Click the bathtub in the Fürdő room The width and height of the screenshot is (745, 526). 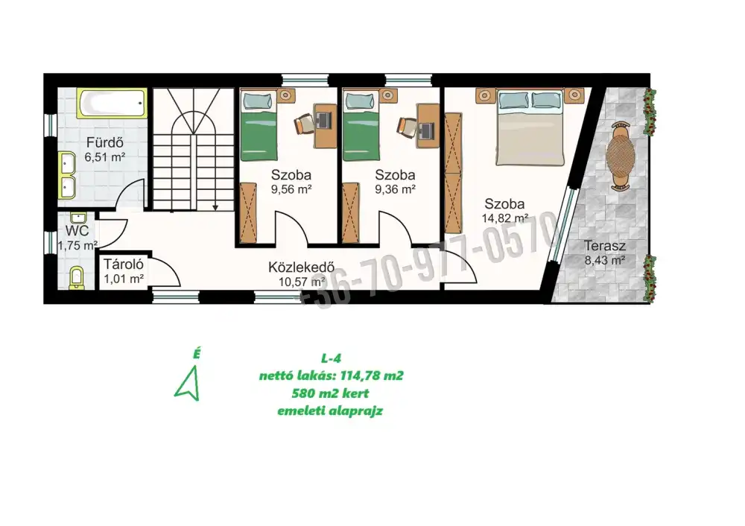(x=112, y=103)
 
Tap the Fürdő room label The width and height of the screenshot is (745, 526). (x=105, y=142)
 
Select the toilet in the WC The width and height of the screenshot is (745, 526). (x=77, y=278)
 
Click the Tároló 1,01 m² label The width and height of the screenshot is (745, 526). (x=124, y=271)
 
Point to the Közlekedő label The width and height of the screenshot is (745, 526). (x=301, y=267)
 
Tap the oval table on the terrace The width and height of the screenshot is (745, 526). (x=621, y=156)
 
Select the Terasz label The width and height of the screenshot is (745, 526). (x=604, y=246)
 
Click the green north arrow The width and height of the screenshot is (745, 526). (x=188, y=384)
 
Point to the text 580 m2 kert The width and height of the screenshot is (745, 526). (x=330, y=393)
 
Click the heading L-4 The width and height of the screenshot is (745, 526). (x=331, y=358)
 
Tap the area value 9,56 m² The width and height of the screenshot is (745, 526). (x=291, y=189)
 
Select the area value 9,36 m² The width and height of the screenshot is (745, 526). (x=396, y=189)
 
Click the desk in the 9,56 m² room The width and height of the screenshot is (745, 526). (x=325, y=125)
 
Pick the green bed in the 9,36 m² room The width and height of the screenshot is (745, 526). (x=361, y=125)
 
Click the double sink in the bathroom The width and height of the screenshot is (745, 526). (x=66, y=175)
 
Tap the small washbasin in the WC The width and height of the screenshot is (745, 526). (x=78, y=218)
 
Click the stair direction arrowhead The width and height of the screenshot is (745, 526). (x=215, y=208)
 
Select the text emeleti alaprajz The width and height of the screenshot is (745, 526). (x=330, y=411)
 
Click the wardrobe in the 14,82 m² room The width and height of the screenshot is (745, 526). (x=453, y=173)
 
